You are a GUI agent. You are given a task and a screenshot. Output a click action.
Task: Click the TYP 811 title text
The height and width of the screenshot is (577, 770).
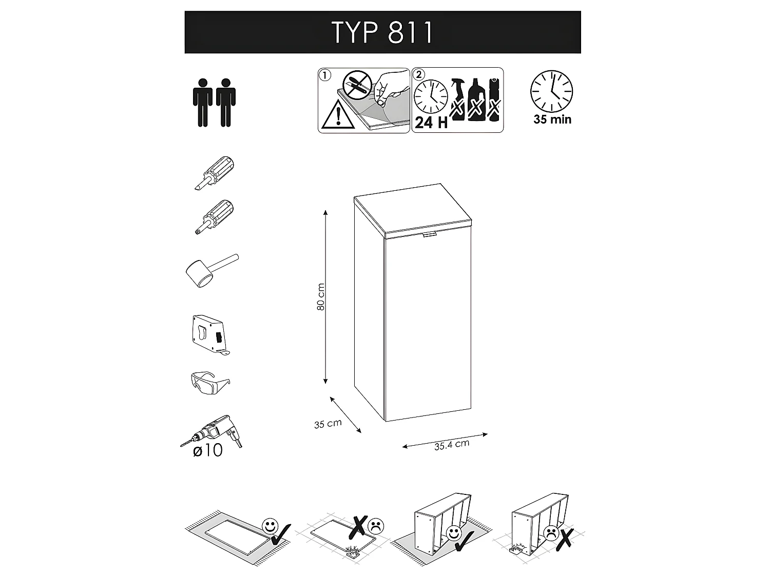click(x=382, y=33)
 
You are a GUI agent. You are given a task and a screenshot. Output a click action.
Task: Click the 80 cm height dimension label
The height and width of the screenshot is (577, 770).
click(x=321, y=296)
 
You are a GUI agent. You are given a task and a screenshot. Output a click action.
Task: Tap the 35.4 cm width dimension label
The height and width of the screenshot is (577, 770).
click(x=452, y=445)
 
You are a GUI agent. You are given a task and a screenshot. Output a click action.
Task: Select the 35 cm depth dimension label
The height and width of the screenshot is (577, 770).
click(x=328, y=424)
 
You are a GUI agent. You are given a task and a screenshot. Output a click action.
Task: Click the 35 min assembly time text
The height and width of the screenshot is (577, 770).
click(x=552, y=120)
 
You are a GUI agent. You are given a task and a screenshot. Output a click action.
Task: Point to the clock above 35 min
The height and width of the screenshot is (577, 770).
click(x=551, y=91)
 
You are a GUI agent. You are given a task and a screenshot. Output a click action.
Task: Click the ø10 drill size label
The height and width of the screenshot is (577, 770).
click(x=208, y=451)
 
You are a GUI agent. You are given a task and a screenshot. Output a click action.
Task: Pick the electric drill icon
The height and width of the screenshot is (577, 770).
click(x=213, y=433)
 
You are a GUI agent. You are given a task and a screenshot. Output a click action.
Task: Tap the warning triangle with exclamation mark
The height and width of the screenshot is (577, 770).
click(x=337, y=115)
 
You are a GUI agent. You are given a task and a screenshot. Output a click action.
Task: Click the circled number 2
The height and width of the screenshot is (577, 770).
click(x=419, y=74)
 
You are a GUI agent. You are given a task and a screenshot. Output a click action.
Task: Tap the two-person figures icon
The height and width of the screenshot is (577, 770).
click(x=214, y=102)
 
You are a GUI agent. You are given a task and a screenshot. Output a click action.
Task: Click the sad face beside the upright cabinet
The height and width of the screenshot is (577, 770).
click(x=552, y=532)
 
